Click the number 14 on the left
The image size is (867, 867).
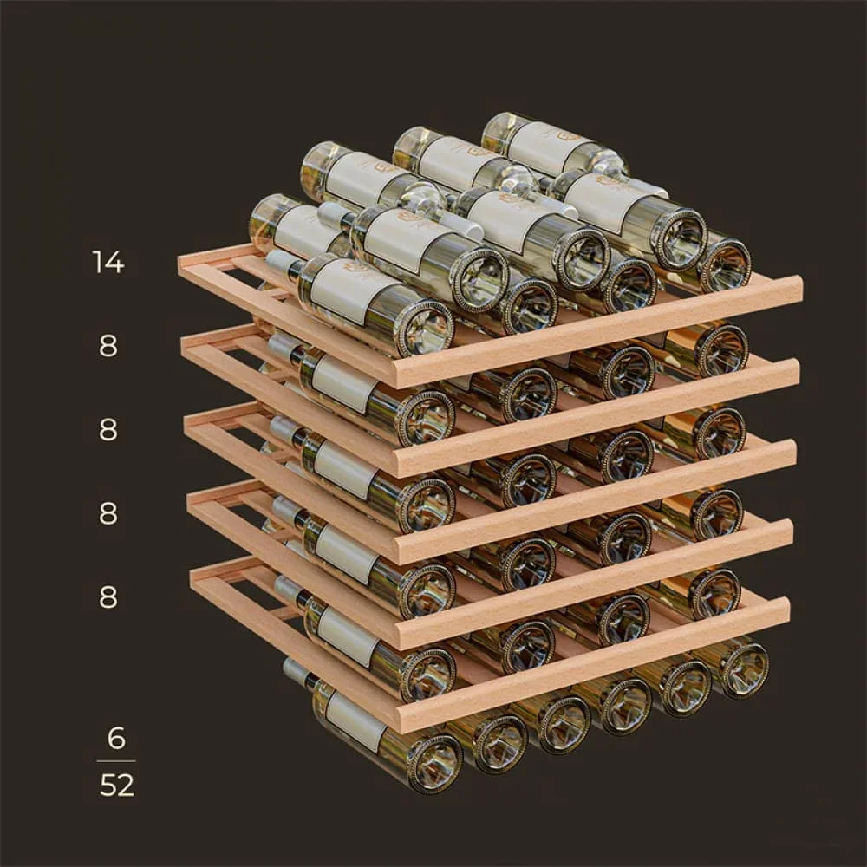[108, 262]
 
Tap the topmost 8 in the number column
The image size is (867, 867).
[108, 346]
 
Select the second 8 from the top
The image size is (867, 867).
[108, 430]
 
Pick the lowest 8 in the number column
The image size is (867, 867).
[108, 597]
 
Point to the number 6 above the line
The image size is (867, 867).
[116, 738]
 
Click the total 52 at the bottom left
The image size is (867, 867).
[117, 785]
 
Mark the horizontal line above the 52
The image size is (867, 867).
[116, 761]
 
